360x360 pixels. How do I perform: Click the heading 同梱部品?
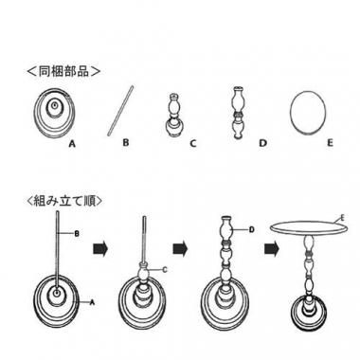63,71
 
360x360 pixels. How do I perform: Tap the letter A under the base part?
72,144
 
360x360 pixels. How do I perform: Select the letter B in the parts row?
126,142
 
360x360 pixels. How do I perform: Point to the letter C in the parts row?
193,144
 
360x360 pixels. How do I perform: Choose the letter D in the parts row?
262,143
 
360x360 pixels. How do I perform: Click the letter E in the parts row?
330,143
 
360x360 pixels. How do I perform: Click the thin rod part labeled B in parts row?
120,111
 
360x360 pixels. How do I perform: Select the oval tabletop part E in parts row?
308,114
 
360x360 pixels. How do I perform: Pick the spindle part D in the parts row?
238,113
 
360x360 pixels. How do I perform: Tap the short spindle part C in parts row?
173,116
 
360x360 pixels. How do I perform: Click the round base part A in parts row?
55,113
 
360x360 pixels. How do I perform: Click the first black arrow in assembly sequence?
100,248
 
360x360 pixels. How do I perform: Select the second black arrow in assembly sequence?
180,248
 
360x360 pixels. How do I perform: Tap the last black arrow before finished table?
272,248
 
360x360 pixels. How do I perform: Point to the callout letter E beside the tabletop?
343,218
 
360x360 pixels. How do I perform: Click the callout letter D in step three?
252,229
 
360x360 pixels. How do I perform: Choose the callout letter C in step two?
164,270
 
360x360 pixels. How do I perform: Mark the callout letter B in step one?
77,234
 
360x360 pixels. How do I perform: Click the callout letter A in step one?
92,302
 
